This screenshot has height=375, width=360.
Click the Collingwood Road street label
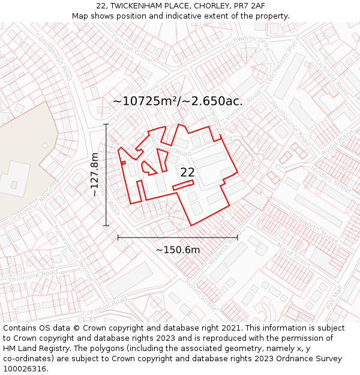[53, 57]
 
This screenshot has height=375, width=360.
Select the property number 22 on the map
[187, 173]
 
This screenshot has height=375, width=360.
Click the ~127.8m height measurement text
[95, 175]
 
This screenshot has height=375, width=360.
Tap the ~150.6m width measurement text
[178, 250]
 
